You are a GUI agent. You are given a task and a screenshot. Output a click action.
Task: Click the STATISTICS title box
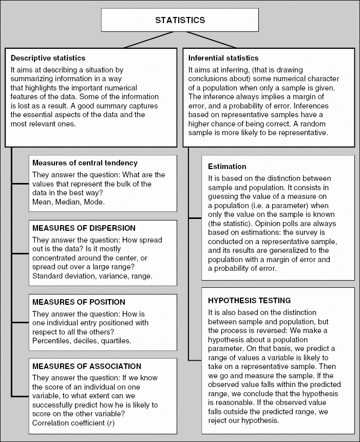(180, 21)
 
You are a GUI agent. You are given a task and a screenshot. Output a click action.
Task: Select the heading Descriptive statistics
(48, 58)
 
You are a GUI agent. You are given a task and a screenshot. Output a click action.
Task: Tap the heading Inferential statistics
(223, 58)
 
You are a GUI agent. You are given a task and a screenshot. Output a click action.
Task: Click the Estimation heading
(227, 167)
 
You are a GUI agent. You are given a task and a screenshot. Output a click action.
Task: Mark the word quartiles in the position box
(117, 341)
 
